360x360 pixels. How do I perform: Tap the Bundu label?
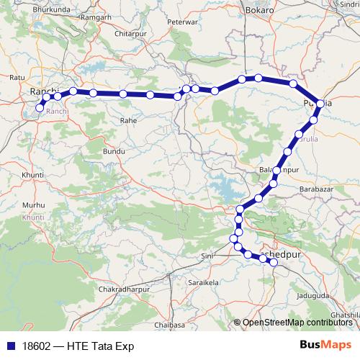[x=114, y=153]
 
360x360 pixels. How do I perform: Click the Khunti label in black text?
[x=33, y=175]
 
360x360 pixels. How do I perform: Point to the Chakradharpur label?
[x=127, y=289]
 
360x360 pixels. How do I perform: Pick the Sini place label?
[x=207, y=255]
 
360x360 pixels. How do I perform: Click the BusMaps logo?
[x=325, y=346]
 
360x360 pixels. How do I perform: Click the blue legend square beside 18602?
[x=12, y=346]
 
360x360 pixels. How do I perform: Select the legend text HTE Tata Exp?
[x=100, y=346]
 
